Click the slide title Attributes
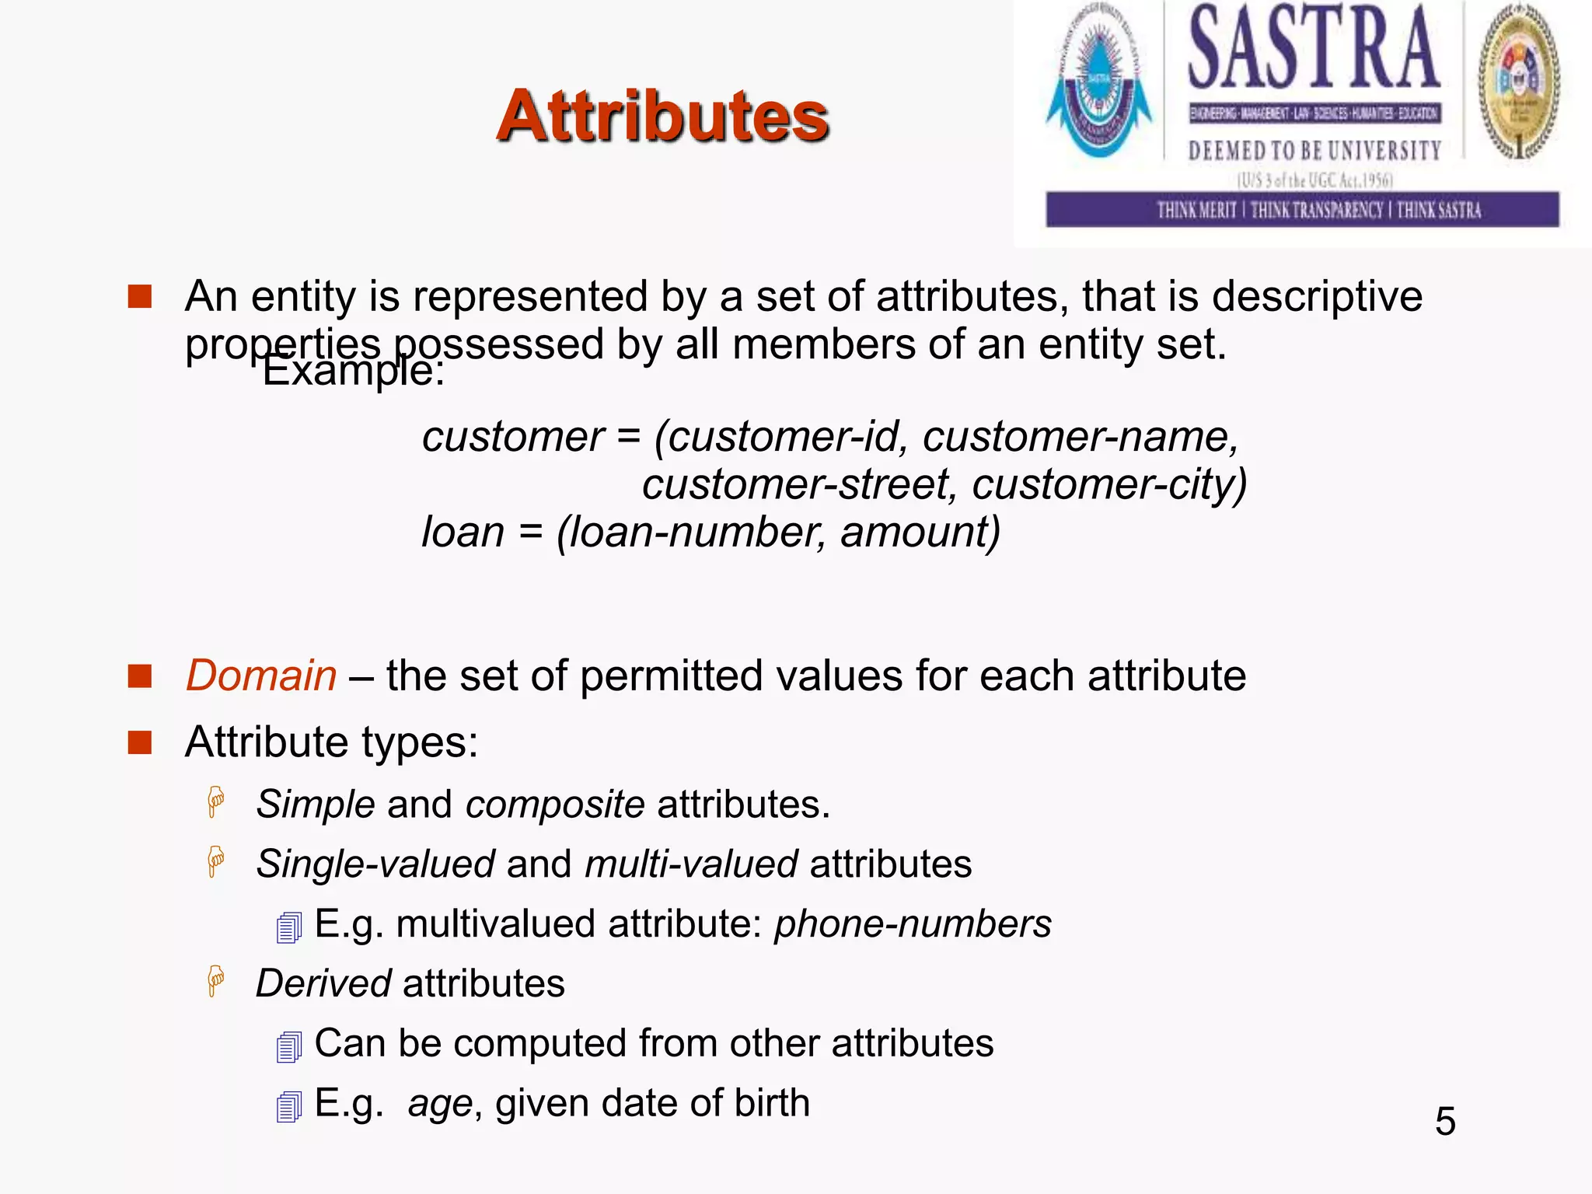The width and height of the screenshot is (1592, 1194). [662, 117]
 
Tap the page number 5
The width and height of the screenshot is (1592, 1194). [1445, 1122]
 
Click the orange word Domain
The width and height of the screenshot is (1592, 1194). [261, 676]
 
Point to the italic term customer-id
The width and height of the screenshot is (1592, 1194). [782, 437]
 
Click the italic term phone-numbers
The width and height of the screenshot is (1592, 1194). [913, 924]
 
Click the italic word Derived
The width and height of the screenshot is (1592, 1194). [323, 984]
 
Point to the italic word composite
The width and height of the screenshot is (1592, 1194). [555, 805]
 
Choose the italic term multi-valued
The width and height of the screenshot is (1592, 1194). [691, 864]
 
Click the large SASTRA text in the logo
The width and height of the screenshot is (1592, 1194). [1314, 48]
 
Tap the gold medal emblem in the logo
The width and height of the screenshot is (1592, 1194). [1519, 82]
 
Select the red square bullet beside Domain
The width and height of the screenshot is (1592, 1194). [140, 676]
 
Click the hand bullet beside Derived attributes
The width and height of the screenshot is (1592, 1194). [216, 981]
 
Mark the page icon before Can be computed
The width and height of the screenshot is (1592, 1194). [289, 1047]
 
